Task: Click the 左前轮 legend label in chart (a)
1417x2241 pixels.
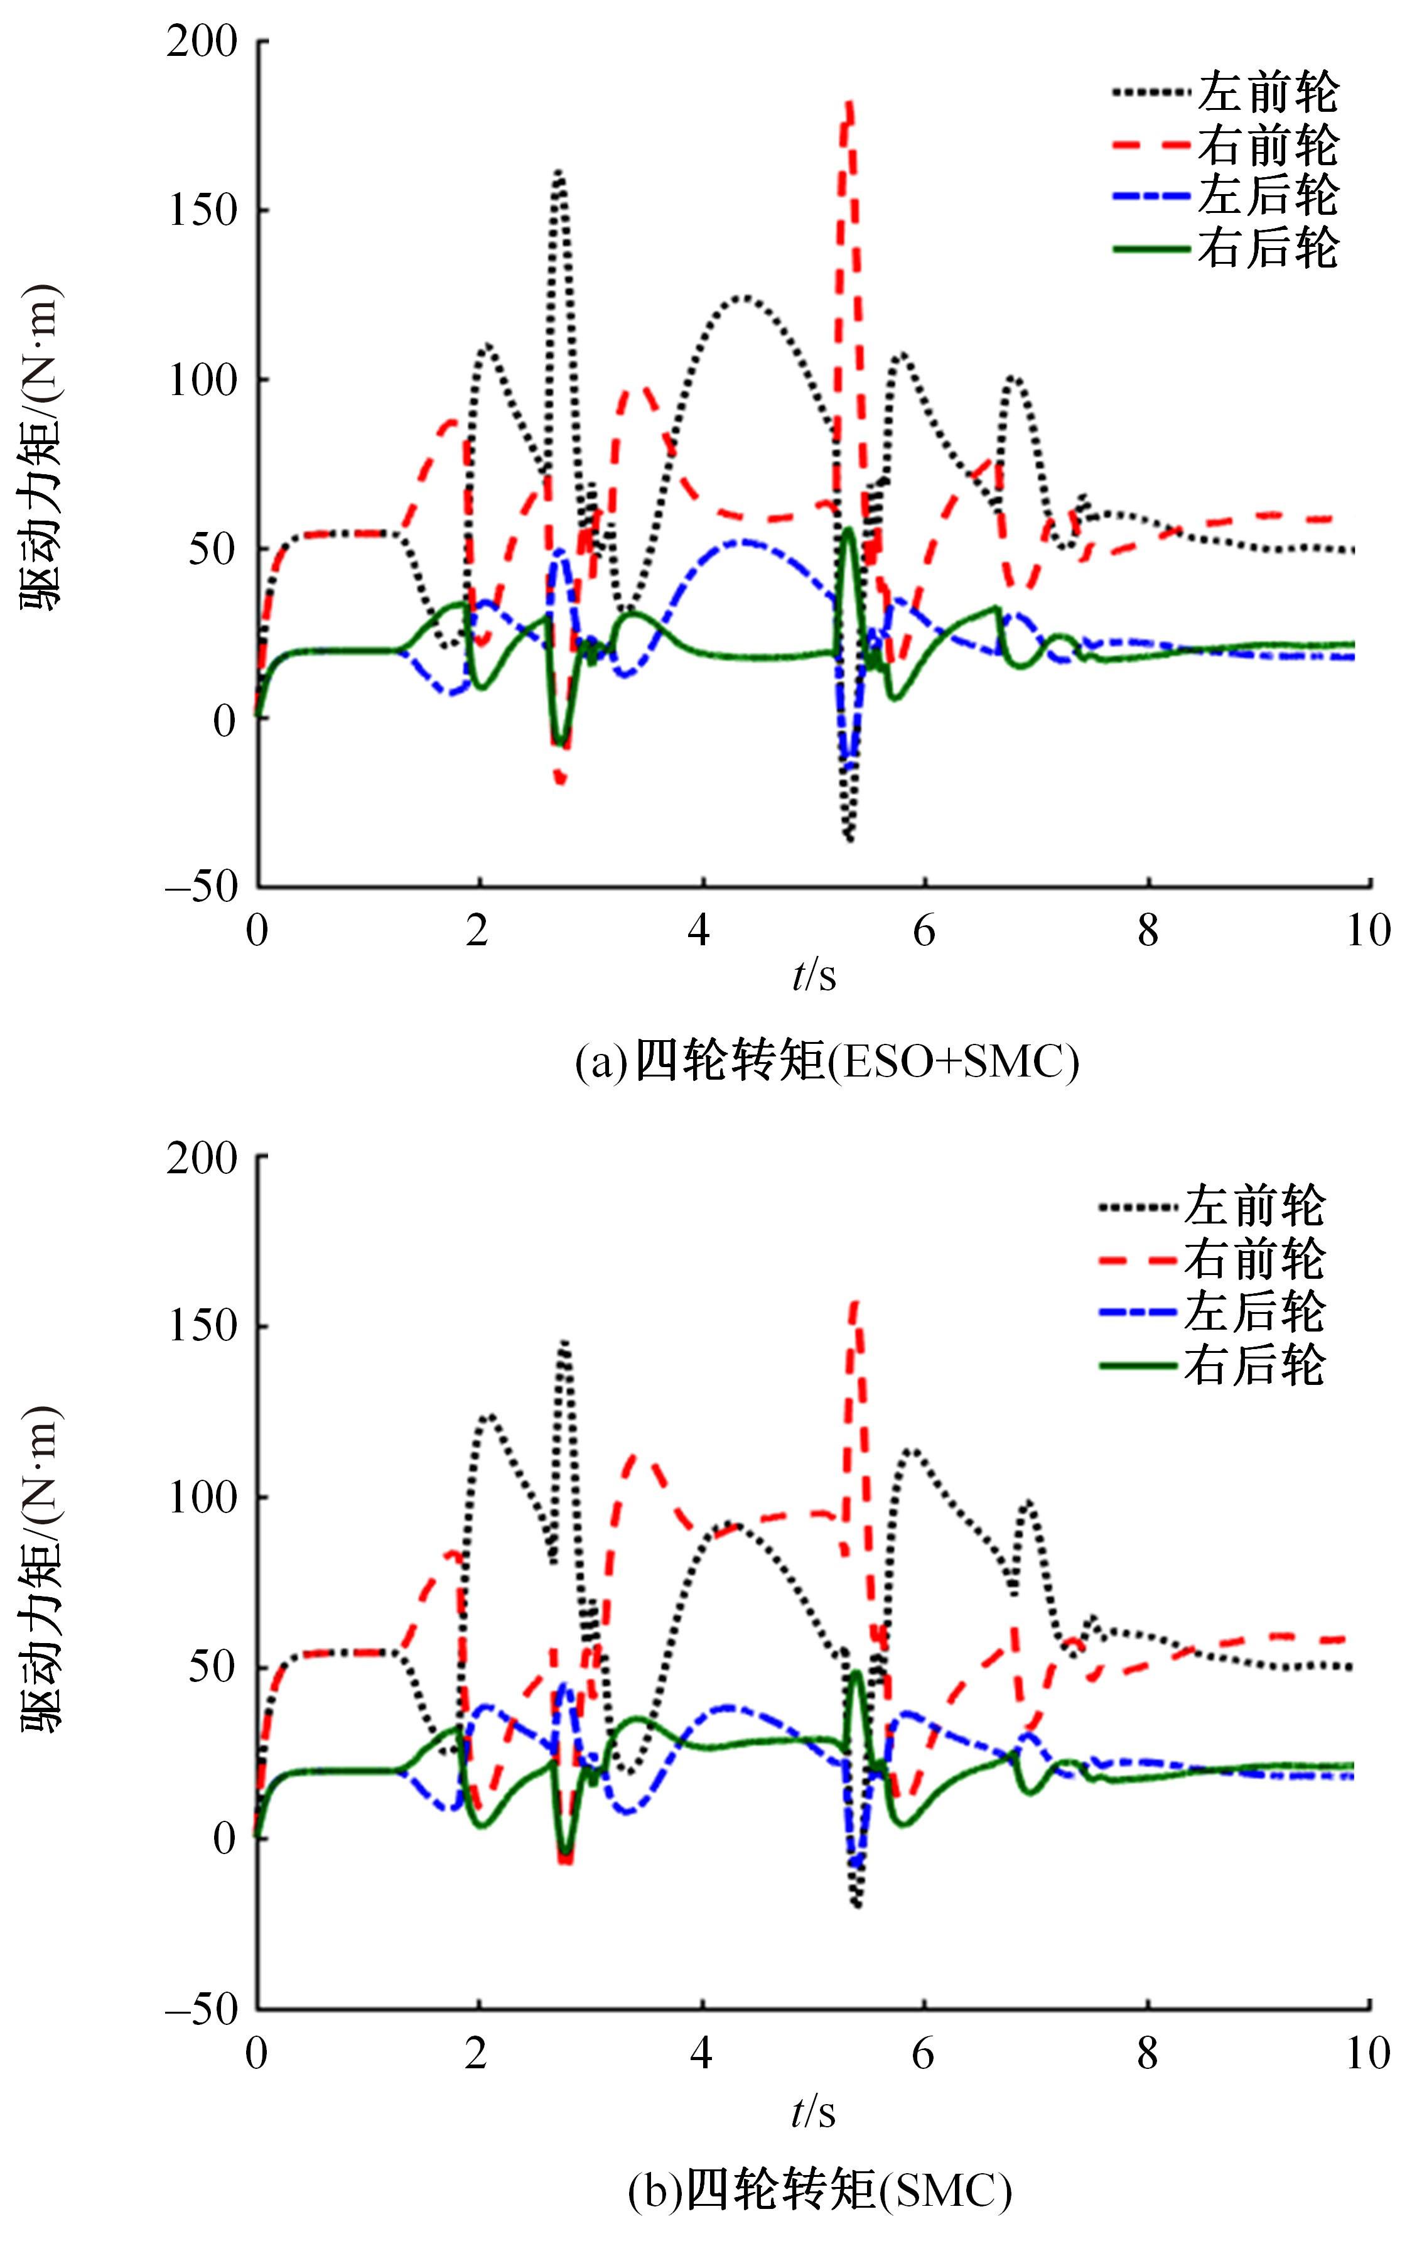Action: click(x=1267, y=92)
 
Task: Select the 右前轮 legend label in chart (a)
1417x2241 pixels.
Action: click(x=1267, y=144)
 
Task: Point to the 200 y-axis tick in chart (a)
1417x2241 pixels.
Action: click(x=202, y=43)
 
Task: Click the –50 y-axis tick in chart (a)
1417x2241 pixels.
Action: click(x=202, y=885)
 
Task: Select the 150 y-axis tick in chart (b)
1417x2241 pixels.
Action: click(x=202, y=1326)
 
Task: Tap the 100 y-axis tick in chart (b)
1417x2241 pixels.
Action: click(x=202, y=1497)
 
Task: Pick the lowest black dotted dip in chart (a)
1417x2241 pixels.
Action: click(x=849, y=840)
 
